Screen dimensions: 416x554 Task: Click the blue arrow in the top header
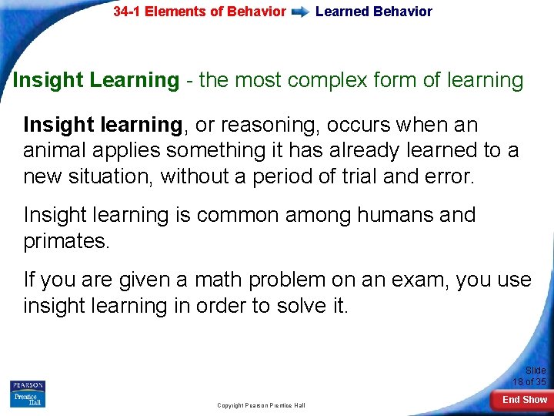[301, 12]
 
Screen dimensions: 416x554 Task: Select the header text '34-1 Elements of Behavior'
[199, 12]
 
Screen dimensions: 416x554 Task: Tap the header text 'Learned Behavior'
[374, 12]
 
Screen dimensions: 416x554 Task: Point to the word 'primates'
[67, 241]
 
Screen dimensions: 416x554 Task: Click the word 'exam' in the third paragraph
[415, 280]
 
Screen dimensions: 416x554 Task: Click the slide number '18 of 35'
[529, 381]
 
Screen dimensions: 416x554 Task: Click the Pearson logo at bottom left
[28, 385]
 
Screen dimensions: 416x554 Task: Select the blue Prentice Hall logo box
[28, 399]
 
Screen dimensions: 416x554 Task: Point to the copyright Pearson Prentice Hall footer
[261, 405]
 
